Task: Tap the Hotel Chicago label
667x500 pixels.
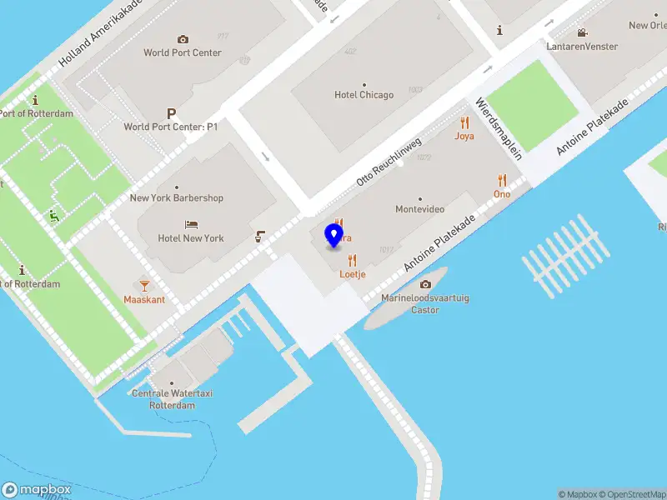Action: pos(364,95)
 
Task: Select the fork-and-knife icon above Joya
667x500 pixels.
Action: pos(464,122)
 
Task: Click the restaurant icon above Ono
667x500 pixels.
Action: pos(502,180)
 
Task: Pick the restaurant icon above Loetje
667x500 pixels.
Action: pos(353,260)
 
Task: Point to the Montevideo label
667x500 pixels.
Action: pos(419,209)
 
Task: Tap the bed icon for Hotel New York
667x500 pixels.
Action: pos(191,225)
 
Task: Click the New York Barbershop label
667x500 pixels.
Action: pos(177,198)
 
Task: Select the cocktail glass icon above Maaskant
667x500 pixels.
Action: pos(144,285)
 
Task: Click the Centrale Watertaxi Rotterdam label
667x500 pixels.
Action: pos(163,399)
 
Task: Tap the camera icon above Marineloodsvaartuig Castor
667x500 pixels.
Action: pos(425,284)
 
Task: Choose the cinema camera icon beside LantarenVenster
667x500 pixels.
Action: pos(582,33)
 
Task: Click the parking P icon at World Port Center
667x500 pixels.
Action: pos(171,113)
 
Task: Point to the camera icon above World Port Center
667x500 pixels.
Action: pos(183,39)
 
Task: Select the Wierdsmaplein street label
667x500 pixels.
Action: pos(499,128)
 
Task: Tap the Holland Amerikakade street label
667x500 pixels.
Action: pos(101,34)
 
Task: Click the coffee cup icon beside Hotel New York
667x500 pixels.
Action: pos(261,237)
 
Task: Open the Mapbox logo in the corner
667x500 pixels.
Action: pos(37,490)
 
